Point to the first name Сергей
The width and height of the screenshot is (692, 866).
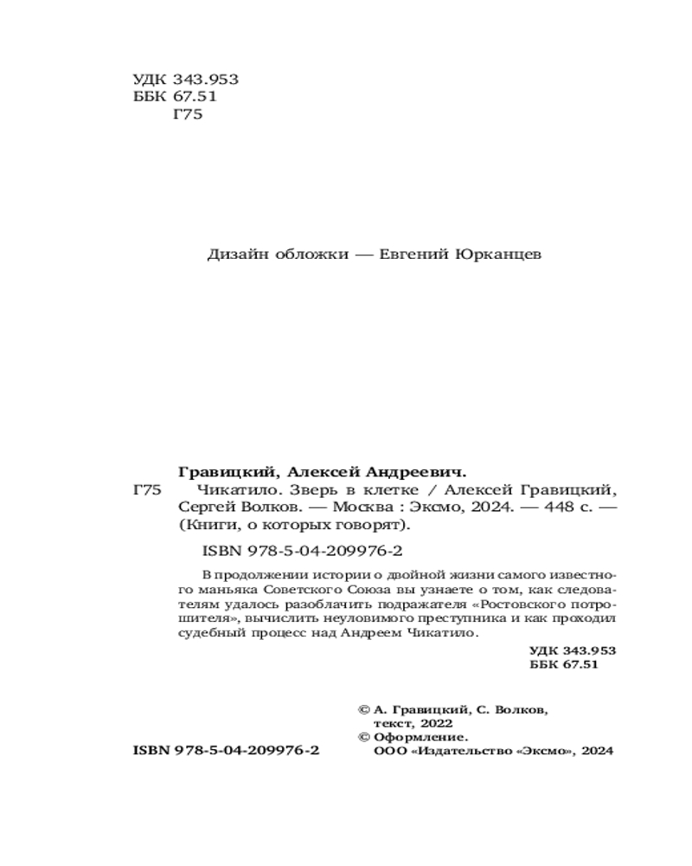[203, 507]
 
